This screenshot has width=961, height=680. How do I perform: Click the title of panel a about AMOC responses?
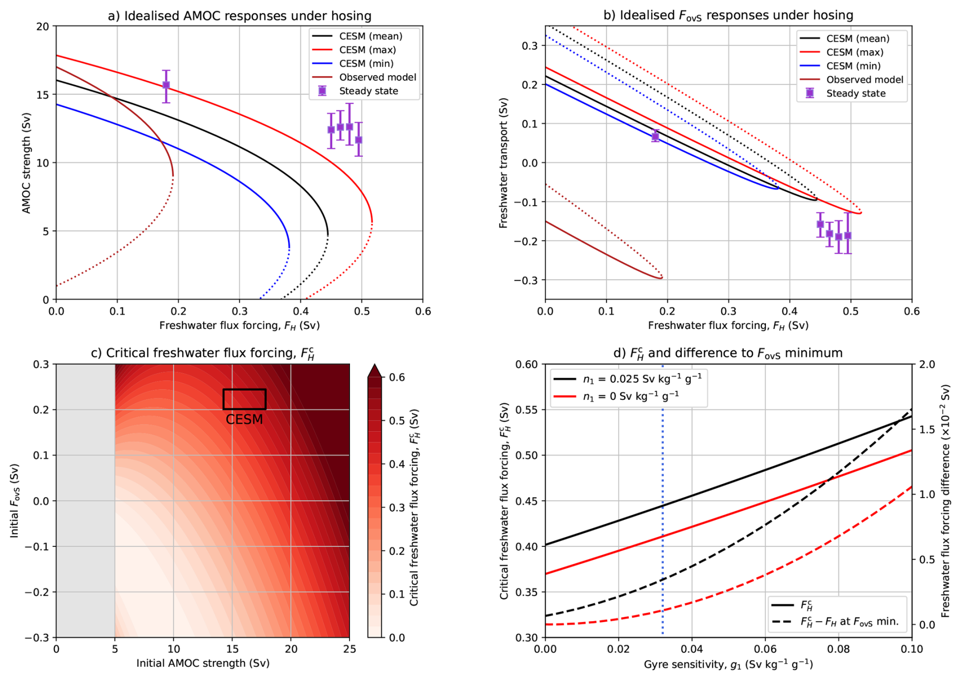pyautogui.click(x=239, y=16)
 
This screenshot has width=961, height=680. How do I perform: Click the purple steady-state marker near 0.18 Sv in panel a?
pyautogui.click(x=166, y=85)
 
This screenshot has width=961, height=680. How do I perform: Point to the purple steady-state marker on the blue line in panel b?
pyautogui.click(x=655, y=136)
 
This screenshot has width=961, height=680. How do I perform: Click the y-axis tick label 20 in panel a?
pyautogui.click(x=43, y=26)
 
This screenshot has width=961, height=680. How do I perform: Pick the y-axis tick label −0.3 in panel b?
pyautogui.click(x=525, y=280)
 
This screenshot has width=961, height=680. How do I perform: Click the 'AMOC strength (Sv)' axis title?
pyautogui.click(x=26, y=163)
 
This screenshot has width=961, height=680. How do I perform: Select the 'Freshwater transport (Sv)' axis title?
pyautogui.click(x=503, y=163)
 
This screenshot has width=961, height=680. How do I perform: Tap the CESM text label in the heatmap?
pyautogui.click(x=244, y=420)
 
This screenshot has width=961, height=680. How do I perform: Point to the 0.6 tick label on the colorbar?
pyautogui.click(x=397, y=377)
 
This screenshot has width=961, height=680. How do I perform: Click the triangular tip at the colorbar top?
pyautogui.click(x=374, y=369)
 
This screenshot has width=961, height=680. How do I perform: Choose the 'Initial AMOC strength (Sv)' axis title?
pyautogui.click(x=203, y=663)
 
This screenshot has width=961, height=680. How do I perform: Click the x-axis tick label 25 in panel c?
pyautogui.click(x=349, y=649)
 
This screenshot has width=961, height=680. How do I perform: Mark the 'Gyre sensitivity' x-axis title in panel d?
pyautogui.click(x=728, y=665)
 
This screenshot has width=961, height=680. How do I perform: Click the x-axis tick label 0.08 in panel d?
pyautogui.click(x=839, y=649)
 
